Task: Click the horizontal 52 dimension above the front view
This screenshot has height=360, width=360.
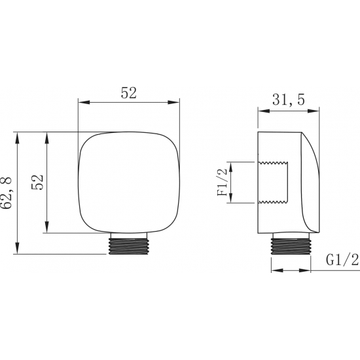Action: (128, 93)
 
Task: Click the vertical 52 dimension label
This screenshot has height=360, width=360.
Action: (37, 182)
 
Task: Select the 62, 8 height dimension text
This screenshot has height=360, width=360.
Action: (5, 192)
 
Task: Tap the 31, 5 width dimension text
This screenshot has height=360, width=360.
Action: (289, 100)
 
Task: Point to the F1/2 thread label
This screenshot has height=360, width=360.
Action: (222, 182)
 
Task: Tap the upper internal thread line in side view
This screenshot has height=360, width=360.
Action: (273, 163)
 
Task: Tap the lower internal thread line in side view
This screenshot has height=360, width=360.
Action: (273, 202)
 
